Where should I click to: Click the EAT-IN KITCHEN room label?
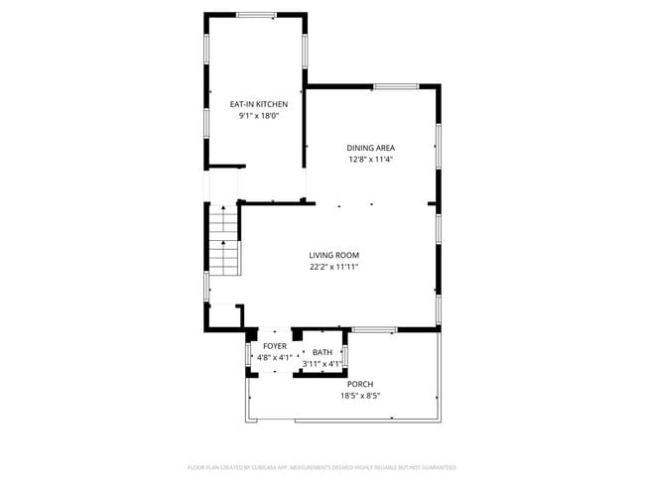click(259, 104)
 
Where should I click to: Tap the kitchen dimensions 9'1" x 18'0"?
click(259, 116)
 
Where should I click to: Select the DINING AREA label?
click(370, 148)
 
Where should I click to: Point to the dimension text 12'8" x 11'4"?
click(370, 160)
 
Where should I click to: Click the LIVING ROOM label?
click(332, 255)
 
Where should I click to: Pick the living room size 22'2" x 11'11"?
click(332, 267)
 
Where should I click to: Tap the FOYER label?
click(275, 345)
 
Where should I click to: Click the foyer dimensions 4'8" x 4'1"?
click(274, 357)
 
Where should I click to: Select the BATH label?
click(322, 352)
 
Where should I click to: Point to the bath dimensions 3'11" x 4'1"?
click(322, 364)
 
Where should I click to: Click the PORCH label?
click(360, 384)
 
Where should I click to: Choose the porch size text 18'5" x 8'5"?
click(360, 396)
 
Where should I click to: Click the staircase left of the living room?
click(225, 243)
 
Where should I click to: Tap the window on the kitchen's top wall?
click(256, 15)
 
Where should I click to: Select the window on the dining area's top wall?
click(395, 87)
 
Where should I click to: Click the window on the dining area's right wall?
click(438, 144)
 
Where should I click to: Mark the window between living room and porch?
click(374, 329)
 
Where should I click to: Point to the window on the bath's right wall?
click(345, 355)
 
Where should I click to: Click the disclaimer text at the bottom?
click(322, 466)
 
